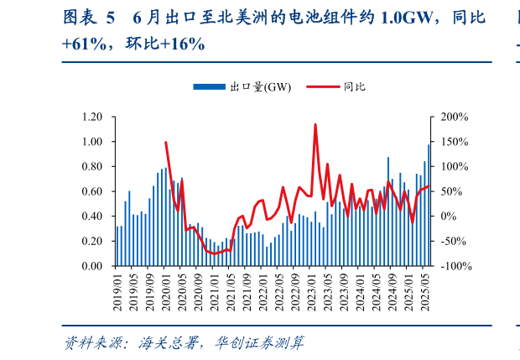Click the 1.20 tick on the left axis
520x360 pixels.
91,117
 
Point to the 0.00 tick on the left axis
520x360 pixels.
91,266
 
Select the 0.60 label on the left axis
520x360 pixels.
91,191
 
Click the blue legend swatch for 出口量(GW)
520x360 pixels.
210,86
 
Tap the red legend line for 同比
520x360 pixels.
324,86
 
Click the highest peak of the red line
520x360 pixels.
315,124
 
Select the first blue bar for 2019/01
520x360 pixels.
117,246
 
